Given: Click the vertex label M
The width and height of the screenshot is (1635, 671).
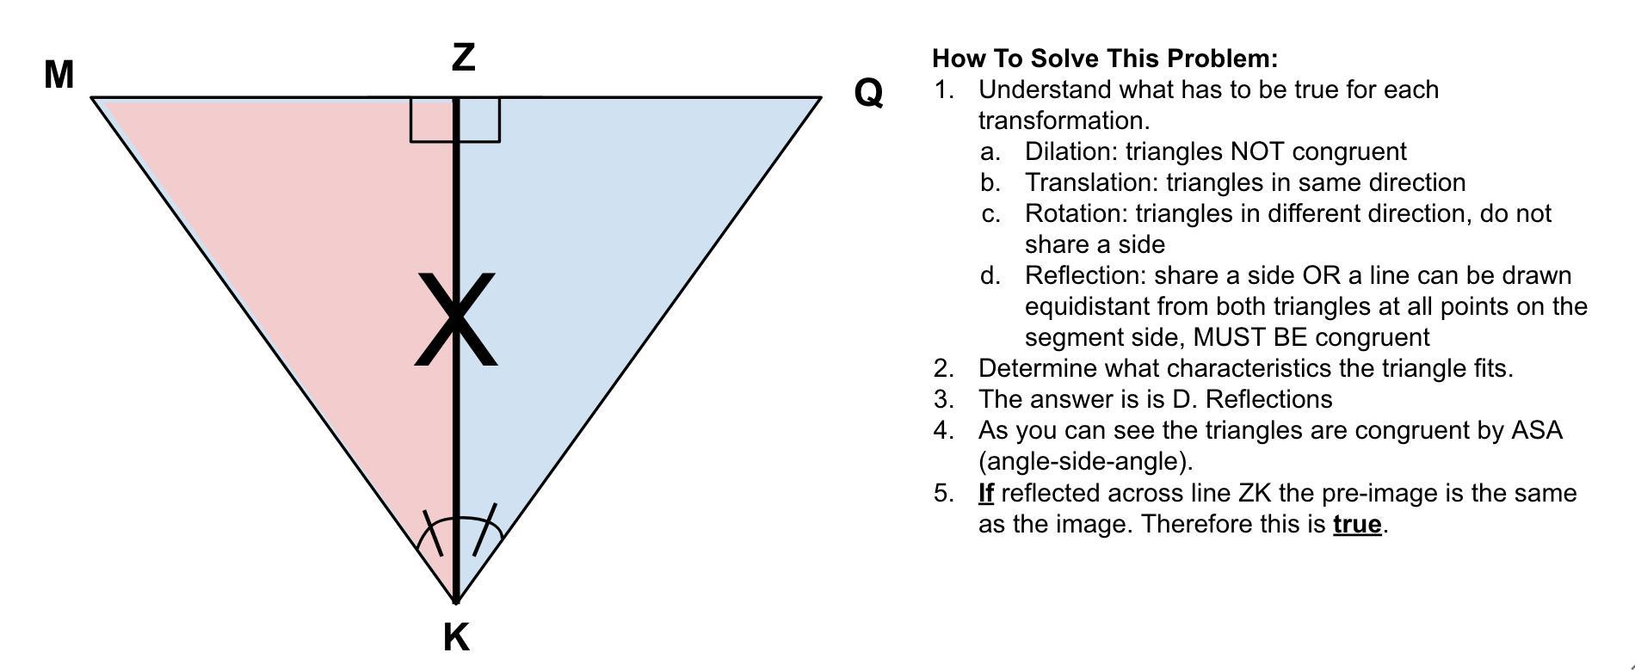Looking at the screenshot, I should (x=59, y=75).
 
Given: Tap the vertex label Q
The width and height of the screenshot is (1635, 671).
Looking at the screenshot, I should (x=868, y=92).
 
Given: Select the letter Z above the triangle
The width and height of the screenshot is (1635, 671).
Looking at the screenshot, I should (x=463, y=58).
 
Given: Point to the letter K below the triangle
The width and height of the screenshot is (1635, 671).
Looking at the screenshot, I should (x=456, y=637).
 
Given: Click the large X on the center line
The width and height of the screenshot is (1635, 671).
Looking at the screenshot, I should (x=456, y=319).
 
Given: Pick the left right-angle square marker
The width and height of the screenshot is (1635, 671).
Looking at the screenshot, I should (x=432, y=120).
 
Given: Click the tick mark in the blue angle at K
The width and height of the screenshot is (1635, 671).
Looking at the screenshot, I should (x=484, y=530).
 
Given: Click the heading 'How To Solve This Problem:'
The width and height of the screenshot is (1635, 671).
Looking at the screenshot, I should (x=1104, y=58).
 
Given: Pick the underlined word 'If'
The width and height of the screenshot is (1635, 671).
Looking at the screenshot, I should (x=986, y=493).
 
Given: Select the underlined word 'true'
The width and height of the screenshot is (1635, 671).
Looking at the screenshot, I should (x=1356, y=524).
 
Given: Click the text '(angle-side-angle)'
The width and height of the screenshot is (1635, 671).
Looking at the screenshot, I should (x=1085, y=461).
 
